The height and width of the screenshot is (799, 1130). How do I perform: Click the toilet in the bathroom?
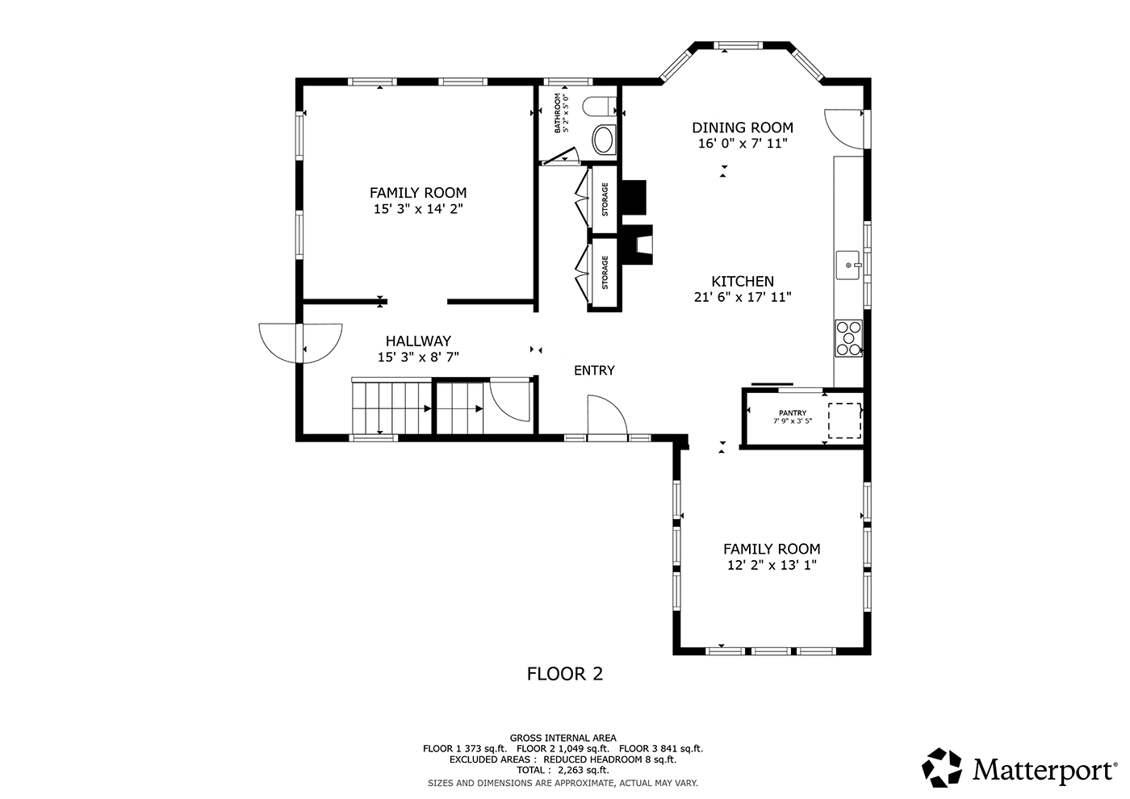(x=599, y=107)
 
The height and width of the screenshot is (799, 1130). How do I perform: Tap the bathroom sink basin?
(x=604, y=140)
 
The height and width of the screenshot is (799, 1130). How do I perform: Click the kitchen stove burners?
(x=848, y=338)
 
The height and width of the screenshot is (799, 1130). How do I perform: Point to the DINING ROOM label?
(x=743, y=128)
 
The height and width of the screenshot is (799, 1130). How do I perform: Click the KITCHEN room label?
(x=743, y=281)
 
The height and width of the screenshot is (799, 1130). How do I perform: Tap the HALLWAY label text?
(x=418, y=341)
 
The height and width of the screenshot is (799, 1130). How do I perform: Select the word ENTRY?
(x=594, y=370)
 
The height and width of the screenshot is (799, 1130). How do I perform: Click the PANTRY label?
(x=793, y=412)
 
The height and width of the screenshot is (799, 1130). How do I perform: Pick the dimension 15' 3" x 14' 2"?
(x=418, y=209)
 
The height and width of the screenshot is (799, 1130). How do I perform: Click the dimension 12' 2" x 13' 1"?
(x=772, y=564)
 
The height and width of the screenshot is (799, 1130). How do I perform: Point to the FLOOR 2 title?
(x=565, y=674)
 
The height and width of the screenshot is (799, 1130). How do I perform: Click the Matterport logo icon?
(x=942, y=768)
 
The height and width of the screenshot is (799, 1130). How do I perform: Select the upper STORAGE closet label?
(x=605, y=199)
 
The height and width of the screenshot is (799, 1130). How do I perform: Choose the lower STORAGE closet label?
(x=605, y=273)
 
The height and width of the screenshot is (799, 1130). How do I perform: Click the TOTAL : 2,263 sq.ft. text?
(x=563, y=770)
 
